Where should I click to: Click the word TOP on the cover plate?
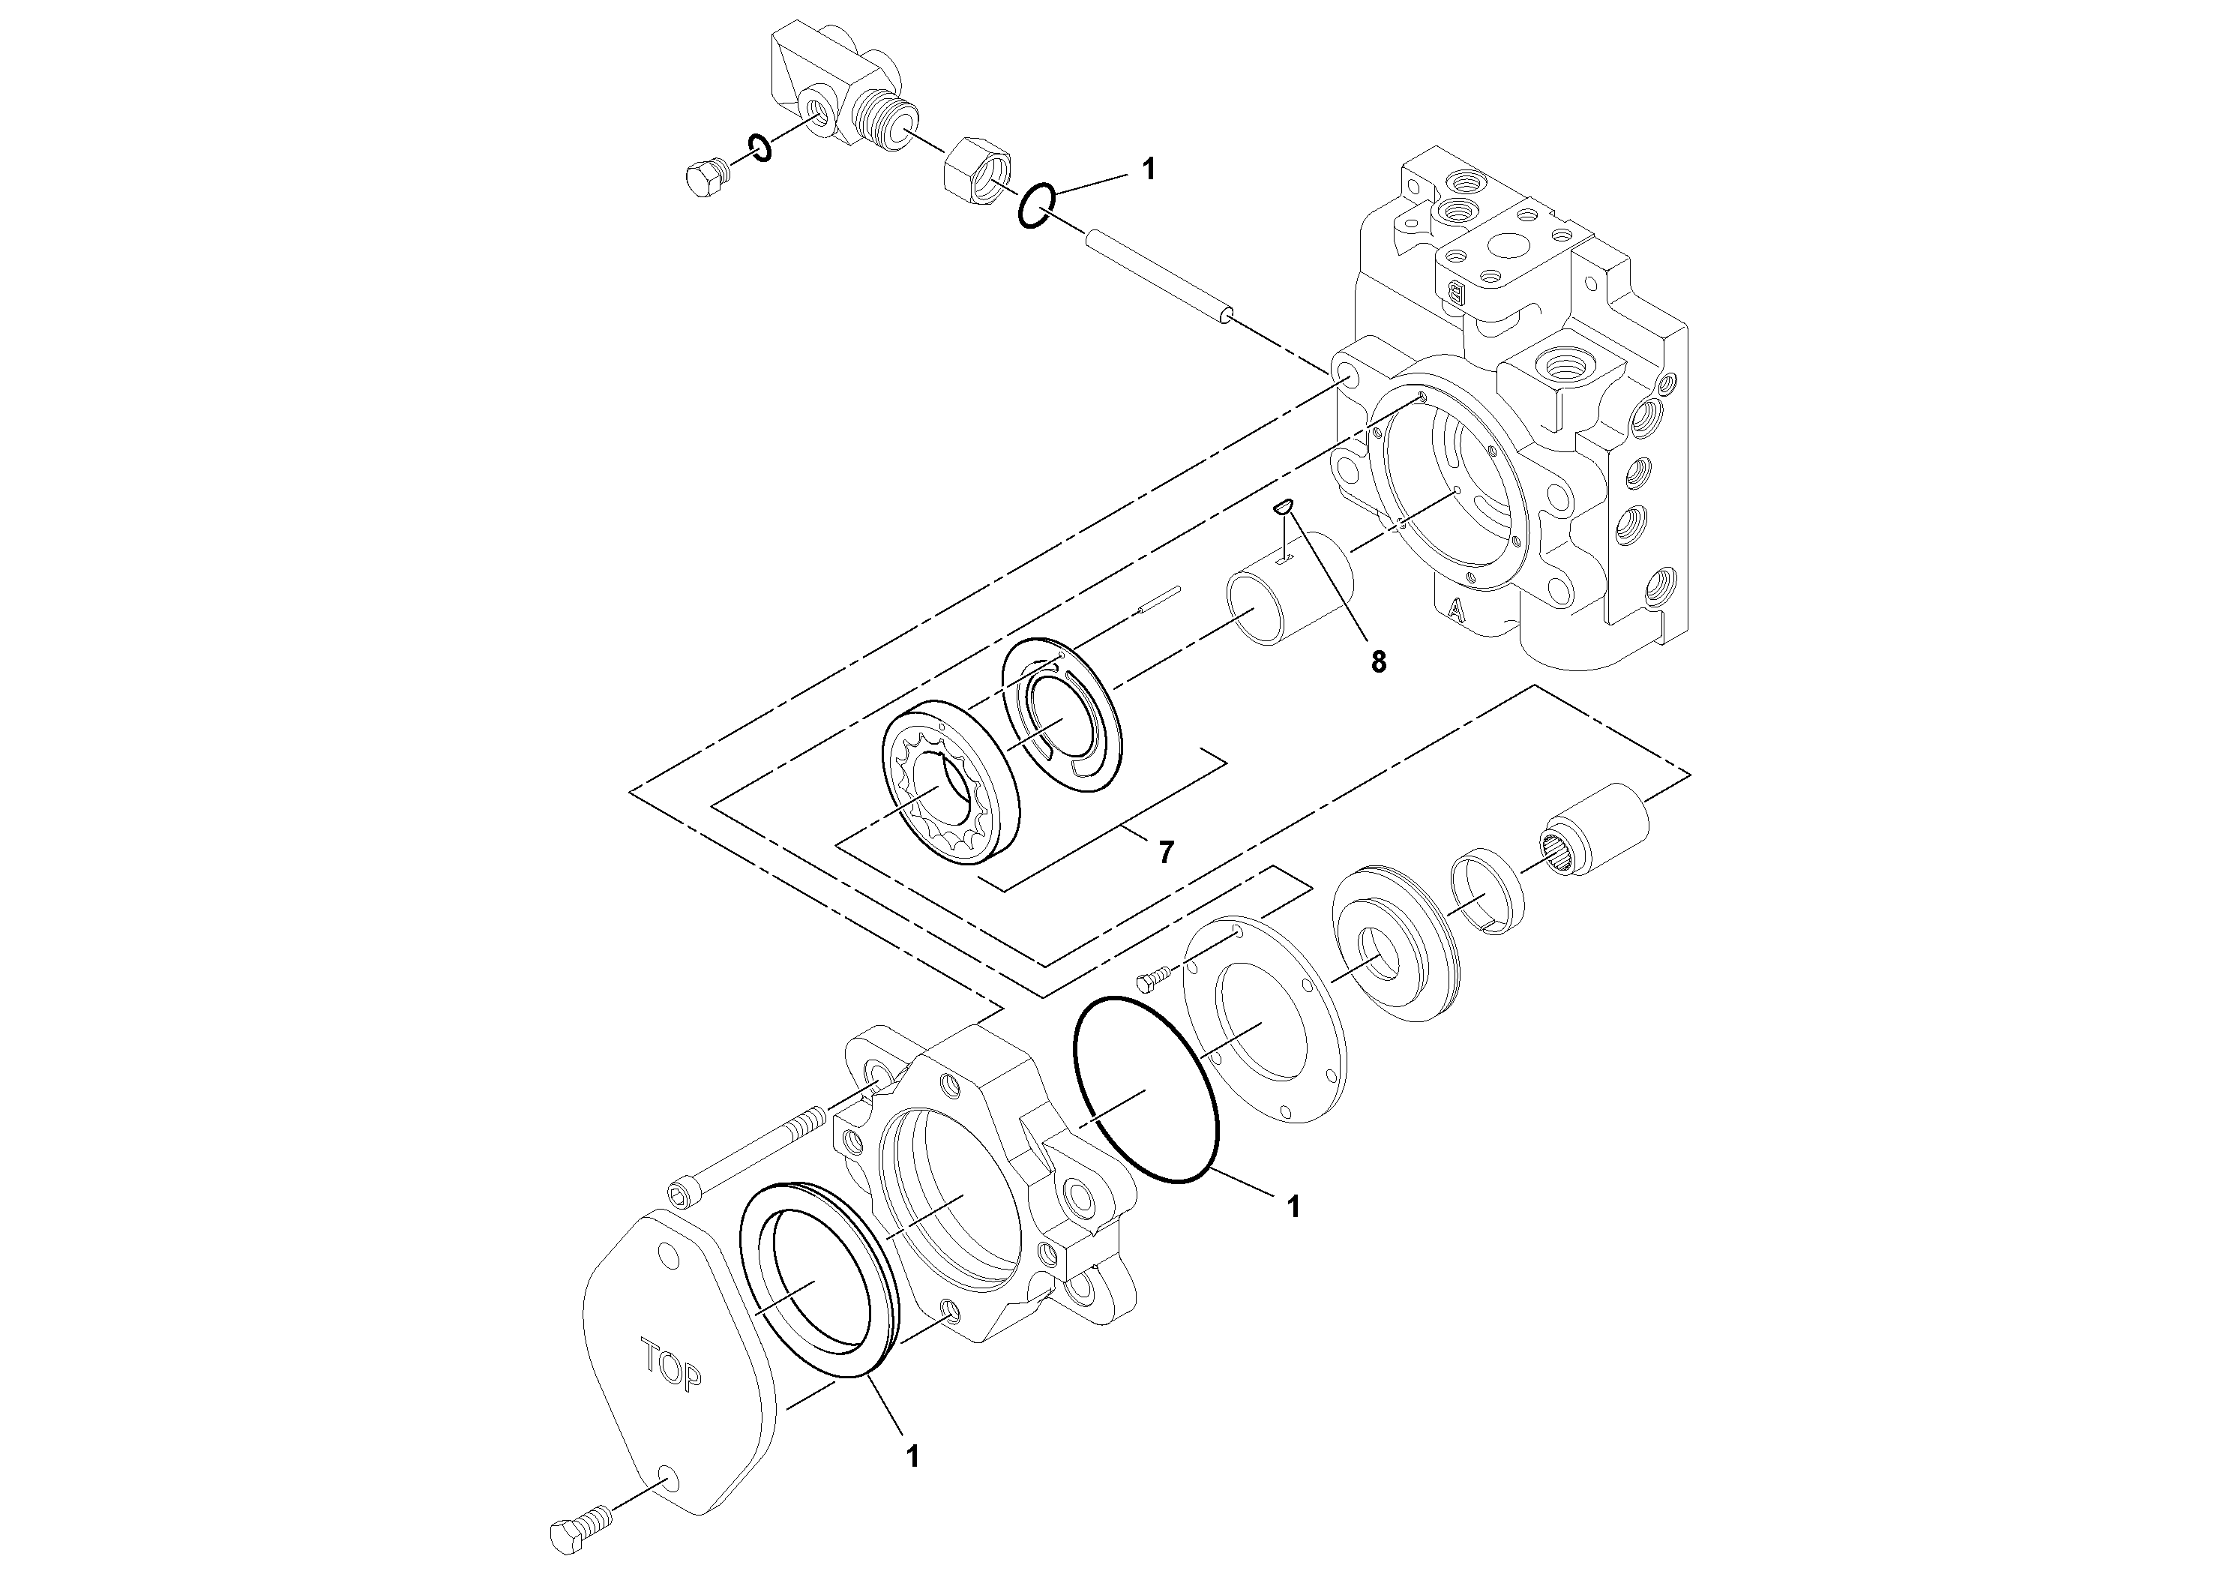click(671, 1366)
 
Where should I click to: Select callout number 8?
click(1379, 662)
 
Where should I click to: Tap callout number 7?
click(1166, 853)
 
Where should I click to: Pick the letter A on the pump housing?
click(1455, 610)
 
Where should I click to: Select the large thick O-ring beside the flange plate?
click(1146, 1089)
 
